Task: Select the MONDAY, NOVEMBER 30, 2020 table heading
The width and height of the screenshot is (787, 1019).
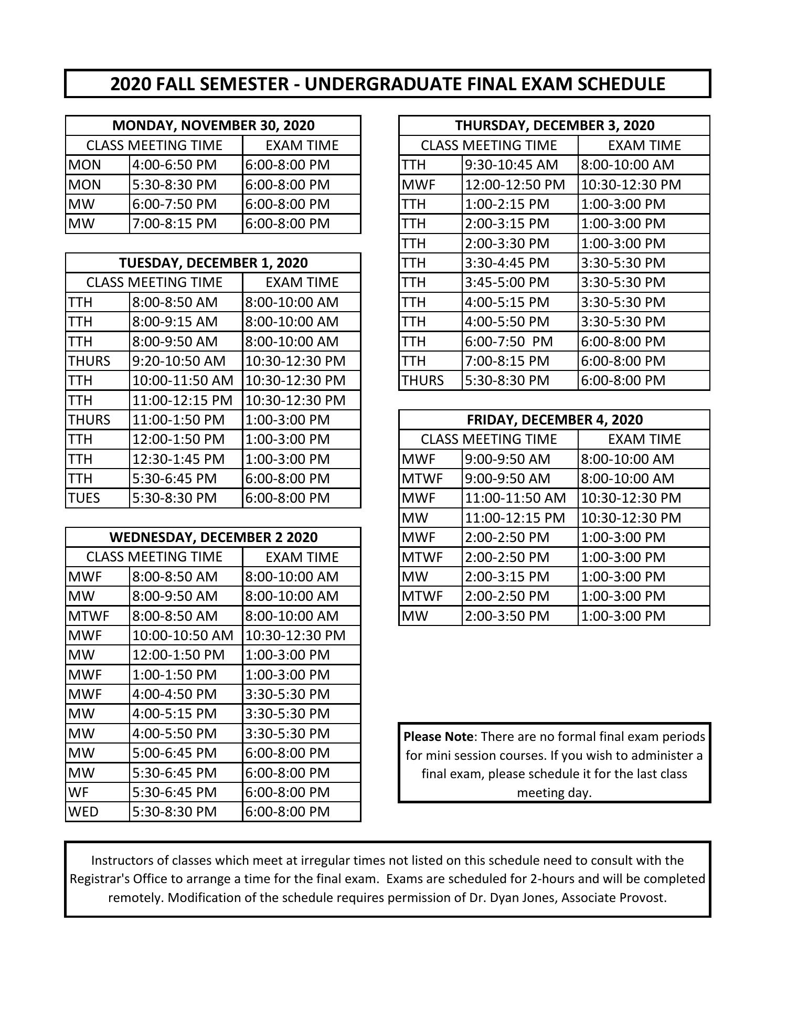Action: coord(213,125)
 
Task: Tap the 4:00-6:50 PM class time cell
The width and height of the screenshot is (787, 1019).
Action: coord(175,165)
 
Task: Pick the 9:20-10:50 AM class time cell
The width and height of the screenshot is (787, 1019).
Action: coord(179,361)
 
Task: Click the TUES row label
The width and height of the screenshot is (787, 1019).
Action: coord(84,498)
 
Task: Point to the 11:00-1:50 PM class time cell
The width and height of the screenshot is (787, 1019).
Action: coord(178,420)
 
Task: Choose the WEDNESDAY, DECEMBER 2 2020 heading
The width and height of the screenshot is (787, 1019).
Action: coord(213,537)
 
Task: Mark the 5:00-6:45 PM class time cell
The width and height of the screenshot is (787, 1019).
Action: coord(175,753)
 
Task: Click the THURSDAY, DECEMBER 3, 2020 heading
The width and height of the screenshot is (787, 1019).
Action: coord(555,125)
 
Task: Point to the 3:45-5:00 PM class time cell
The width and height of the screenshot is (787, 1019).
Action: coord(507,282)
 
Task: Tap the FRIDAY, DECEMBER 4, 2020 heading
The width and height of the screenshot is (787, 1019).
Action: coord(555,420)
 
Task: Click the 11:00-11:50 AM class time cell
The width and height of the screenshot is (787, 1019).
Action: coord(515,498)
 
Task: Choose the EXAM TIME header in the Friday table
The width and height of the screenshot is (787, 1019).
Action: coord(644,439)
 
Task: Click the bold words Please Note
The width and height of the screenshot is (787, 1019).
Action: coord(438,737)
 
